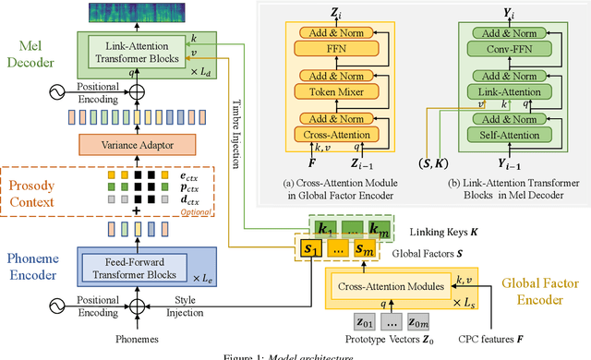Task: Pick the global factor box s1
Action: pyautogui.click(x=307, y=249)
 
